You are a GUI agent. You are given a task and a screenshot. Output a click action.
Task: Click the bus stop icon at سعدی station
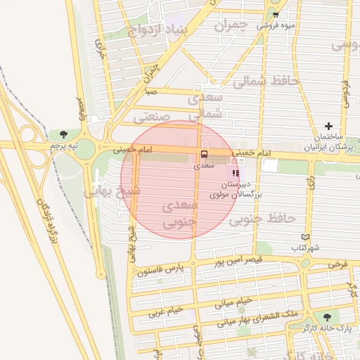click(204, 154)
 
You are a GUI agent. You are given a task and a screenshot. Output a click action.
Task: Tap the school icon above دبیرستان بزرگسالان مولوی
click(235, 172)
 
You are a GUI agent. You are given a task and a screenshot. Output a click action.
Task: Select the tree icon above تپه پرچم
click(64, 134)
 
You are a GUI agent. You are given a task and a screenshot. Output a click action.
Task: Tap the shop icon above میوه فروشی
click(275, 14)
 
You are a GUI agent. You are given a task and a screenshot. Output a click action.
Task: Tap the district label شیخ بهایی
click(112, 191)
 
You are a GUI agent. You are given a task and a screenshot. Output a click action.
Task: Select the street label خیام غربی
click(166, 311)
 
